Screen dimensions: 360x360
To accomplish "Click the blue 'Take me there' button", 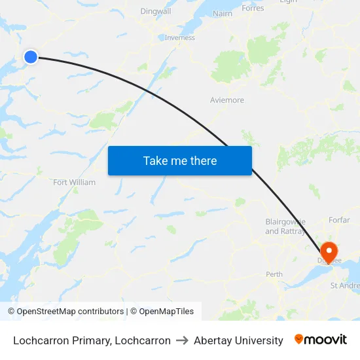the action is click(x=179, y=160).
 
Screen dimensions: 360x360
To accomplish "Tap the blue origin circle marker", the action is click(x=31, y=57).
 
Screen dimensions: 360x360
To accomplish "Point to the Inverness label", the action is click(x=180, y=37).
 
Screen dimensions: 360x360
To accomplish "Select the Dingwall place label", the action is click(x=156, y=11).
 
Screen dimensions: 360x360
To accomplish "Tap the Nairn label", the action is click(x=223, y=13).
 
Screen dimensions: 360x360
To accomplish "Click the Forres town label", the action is click(x=253, y=8).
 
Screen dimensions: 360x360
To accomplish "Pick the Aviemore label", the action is click(x=227, y=100).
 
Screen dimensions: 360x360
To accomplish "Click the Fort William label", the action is click(x=74, y=182).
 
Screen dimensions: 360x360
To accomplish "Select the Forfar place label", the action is click(x=340, y=220).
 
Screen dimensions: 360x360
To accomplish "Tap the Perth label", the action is click(x=274, y=274).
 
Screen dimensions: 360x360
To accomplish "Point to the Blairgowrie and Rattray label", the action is click(x=285, y=226).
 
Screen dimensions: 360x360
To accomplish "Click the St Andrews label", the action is click(x=344, y=285).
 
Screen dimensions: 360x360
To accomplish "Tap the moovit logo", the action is click(x=321, y=340).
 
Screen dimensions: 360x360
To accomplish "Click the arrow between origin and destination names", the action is click(x=183, y=340).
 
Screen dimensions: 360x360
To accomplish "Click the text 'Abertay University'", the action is click(x=238, y=340).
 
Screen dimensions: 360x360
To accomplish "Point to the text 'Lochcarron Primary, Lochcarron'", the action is click(x=92, y=340).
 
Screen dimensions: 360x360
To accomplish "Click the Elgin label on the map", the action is click(x=288, y=2).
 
